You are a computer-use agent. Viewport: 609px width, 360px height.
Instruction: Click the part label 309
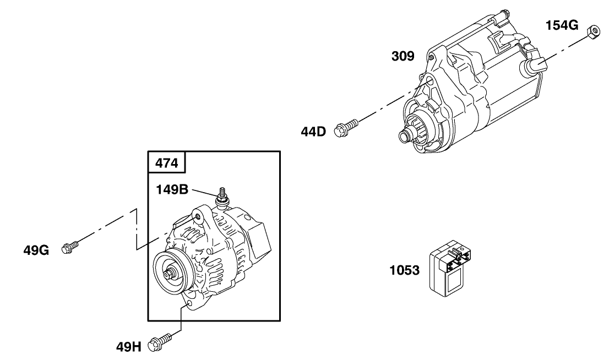click(403, 56)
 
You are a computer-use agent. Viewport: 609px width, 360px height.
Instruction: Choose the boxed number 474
click(166, 163)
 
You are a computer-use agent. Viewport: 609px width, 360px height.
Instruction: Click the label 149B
click(172, 190)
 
